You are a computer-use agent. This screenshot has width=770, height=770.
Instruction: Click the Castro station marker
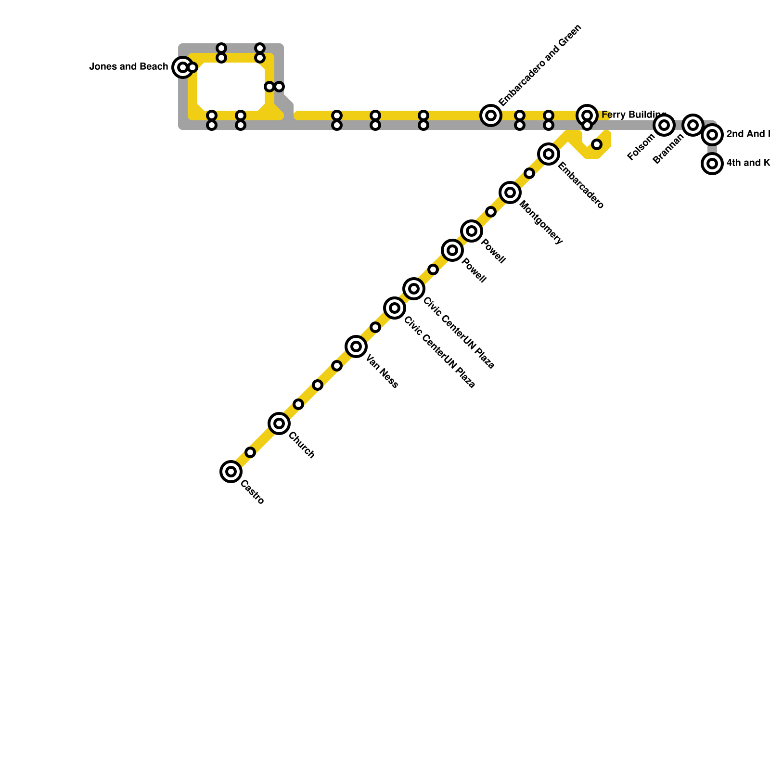tap(231, 471)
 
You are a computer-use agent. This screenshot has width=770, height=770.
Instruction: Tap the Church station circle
tap(279, 423)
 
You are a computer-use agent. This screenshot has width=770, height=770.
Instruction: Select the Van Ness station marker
tap(356, 346)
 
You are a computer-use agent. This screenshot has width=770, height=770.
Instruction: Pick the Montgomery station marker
tap(510, 192)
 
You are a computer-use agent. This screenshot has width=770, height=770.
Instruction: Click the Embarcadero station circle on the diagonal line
tap(549, 154)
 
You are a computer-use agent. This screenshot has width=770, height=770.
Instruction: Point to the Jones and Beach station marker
tap(182, 67)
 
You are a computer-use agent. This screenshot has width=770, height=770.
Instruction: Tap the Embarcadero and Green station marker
tap(491, 115)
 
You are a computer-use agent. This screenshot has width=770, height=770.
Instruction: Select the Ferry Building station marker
tap(587, 115)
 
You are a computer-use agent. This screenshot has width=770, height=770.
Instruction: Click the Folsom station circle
tap(664, 125)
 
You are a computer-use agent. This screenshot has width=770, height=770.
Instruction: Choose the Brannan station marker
tap(693, 125)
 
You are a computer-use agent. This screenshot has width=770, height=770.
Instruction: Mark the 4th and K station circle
tap(712, 164)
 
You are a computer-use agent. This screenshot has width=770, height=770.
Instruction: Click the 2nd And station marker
tap(712, 135)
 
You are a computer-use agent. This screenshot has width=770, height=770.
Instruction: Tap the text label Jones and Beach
tap(128, 67)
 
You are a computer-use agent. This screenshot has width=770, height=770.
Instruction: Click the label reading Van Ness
tap(382, 371)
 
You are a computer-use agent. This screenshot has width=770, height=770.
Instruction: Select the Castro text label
tap(252, 492)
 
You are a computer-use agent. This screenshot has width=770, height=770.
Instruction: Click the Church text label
tap(302, 445)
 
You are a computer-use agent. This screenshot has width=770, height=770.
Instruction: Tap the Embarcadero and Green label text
tap(540, 65)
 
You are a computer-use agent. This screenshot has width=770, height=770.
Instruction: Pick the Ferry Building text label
tap(633, 115)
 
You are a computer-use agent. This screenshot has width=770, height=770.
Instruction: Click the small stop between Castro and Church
tap(250, 452)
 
